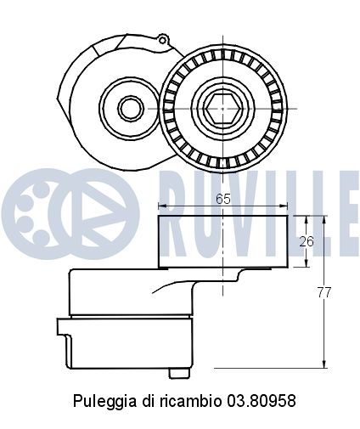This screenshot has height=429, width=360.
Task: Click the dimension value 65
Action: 223,198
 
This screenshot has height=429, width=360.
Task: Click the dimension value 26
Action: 307,241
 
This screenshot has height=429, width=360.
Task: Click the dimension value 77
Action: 323,292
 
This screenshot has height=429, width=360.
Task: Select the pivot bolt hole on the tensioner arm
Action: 130,108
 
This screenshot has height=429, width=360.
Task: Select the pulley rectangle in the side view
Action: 222,241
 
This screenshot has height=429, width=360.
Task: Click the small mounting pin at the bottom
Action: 177,372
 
